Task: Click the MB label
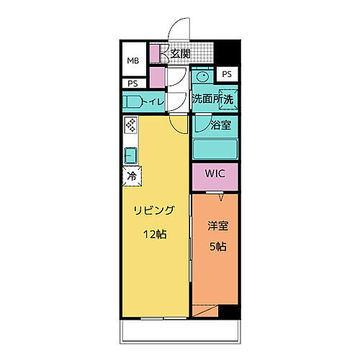(x=133, y=61)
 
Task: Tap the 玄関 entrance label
(x=179, y=53)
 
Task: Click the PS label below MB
(x=132, y=84)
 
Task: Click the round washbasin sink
(x=202, y=76)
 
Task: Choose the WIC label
(x=215, y=174)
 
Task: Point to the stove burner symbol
(x=130, y=125)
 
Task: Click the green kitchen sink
(x=130, y=155)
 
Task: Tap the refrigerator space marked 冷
(x=132, y=175)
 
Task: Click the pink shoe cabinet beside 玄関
(x=154, y=53)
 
